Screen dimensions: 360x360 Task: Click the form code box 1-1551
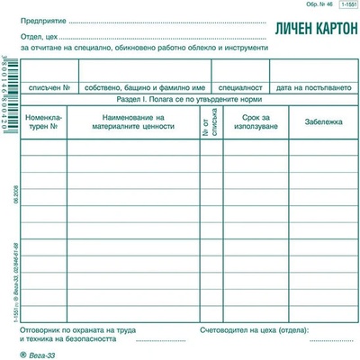(x=346, y=7)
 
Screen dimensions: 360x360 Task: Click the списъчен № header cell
(x=50, y=87)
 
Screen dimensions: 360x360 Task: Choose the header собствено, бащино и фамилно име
(x=143, y=87)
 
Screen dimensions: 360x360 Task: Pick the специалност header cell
(x=240, y=87)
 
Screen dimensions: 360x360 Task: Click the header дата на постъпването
(x=310, y=87)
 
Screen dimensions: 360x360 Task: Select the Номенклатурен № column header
(x=44, y=122)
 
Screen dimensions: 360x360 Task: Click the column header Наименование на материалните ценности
(x=133, y=122)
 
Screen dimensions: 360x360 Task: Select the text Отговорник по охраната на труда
(x=74, y=331)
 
